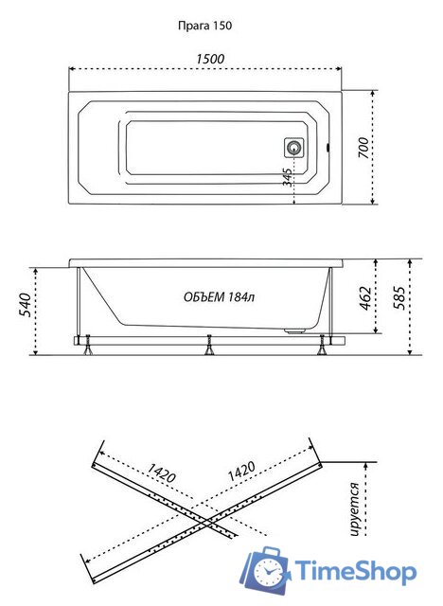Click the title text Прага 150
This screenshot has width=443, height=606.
click(x=204, y=27)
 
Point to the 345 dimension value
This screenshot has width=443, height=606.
click(x=287, y=175)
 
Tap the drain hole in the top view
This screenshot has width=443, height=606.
click(x=293, y=148)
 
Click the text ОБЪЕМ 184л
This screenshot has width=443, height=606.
click(x=220, y=297)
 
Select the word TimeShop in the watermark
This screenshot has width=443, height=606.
click(x=355, y=571)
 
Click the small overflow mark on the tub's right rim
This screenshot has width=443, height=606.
click(x=327, y=148)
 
